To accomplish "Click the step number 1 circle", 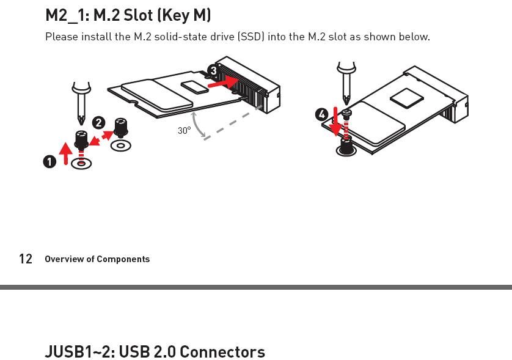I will [49, 161].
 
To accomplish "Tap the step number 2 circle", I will [98, 123].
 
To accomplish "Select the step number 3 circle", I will [213, 71].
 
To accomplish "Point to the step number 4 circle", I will [322, 114].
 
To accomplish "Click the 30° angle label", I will [184, 130].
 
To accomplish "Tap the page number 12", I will [26, 259].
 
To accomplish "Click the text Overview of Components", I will [97, 259].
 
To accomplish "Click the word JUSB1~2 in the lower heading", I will [79, 352].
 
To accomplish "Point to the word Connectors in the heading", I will [222, 352].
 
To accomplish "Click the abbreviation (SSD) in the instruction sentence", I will [251, 37].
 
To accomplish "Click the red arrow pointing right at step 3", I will [223, 83].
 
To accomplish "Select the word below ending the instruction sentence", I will [414, 37].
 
